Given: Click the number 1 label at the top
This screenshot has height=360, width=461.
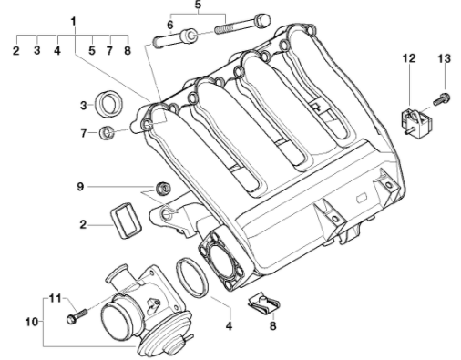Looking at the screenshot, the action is click(x=73, y=22).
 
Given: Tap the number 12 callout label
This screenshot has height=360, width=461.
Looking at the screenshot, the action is click(x=409, y=58).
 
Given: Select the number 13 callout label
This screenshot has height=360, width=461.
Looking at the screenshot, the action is click(x=445, y=58).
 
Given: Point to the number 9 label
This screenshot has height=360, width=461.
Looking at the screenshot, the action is click(x=80, y=187).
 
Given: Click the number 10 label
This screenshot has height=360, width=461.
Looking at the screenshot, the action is click(x=32, y=322).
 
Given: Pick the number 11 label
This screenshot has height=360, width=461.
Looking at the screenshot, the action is click(x=56, y=298).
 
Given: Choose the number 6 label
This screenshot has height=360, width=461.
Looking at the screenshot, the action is click(x=170, y=25).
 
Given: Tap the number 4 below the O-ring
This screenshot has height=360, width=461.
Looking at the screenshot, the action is click(x=229, y=326).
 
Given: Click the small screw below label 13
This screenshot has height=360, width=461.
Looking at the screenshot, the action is click(x=441, y=99).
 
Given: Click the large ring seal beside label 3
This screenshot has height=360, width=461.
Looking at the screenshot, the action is click(x=109, y=104).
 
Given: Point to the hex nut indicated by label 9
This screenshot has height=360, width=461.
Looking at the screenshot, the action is click(x=163, y=188).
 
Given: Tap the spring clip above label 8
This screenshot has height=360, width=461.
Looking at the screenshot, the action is click(x=263, y=304).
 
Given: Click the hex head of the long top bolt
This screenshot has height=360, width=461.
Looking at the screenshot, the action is click(x=262, y=21).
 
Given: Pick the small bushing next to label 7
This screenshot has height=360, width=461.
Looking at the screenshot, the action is click(x=107, y=133).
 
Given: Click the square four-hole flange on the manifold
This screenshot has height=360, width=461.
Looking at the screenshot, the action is click(x=221, y=261).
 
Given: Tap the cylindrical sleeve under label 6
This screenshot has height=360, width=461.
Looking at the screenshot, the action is click(x=189, y=36).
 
